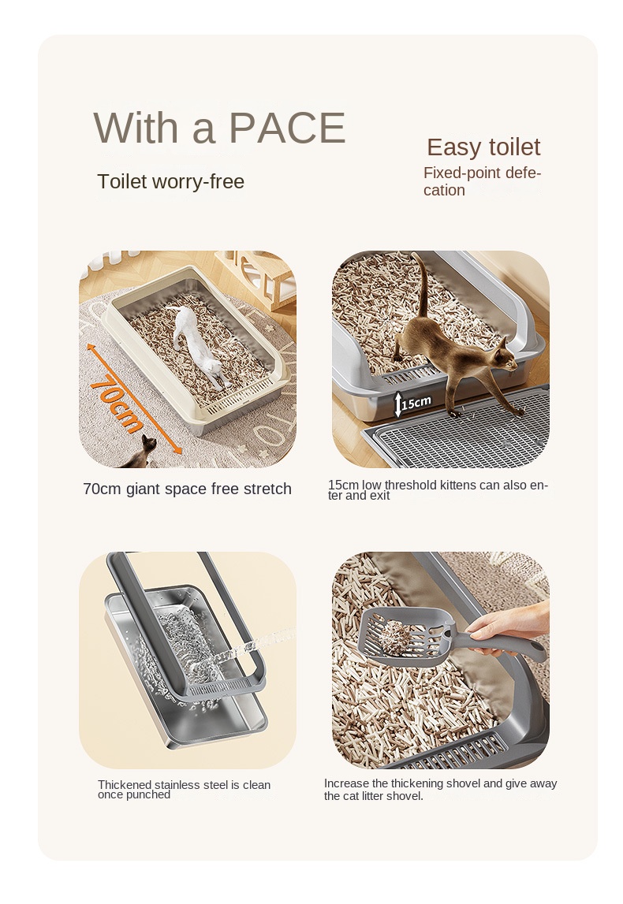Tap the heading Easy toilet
click(x=483, y=147)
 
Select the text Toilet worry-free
click(x=170, y=182)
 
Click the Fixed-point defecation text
click(x=482, y=181)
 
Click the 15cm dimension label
click(x=416, y=403)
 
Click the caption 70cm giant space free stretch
click(x=187, y=489)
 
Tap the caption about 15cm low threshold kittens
click(x=438, y=490)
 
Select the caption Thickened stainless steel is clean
click(x=184, y=790)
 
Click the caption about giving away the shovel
click(x=440, y=790)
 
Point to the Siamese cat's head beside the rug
click(x=147, y=445)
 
